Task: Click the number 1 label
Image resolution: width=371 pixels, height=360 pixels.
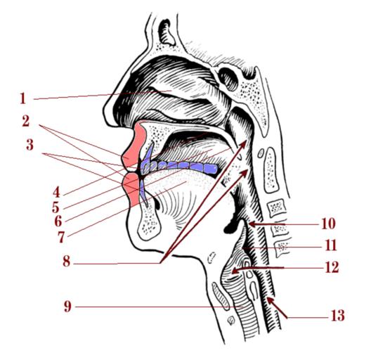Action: [x=22, y=98]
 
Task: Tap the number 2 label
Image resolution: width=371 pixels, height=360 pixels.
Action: [x=26, y=121]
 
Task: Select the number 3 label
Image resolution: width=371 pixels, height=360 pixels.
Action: [x=30, y=145]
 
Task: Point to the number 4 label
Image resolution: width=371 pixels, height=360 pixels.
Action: [x=56, y=193]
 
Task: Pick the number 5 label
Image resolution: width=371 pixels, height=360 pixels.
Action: [x=56, y=207]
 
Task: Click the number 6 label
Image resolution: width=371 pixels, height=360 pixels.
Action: [x=58, y=221]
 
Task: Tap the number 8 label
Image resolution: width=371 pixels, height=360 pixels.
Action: [x=67, y=262]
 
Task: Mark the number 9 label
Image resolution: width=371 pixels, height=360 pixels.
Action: [x=67, y=307]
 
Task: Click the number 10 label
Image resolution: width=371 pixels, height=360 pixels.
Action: [x=328, y=224]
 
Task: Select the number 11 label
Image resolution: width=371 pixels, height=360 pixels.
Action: [x=331, y=245]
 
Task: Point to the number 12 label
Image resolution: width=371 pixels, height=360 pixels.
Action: [x=332, y=267]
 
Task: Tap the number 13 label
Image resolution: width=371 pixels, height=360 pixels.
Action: [x=337, y=316]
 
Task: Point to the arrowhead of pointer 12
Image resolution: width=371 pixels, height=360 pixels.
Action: [x=235, y=270]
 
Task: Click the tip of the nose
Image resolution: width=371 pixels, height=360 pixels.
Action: [x=106, y=114]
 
